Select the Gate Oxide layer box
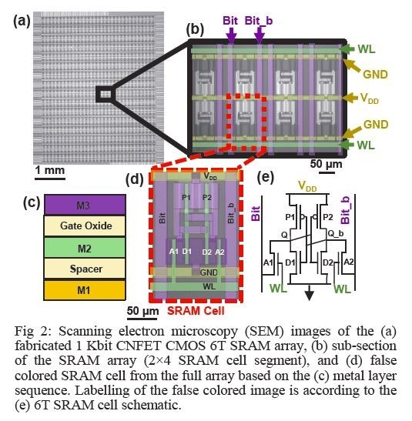85,226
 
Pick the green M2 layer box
85,247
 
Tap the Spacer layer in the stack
85,269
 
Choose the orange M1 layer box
85,290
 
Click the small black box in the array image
105,94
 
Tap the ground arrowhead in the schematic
309,296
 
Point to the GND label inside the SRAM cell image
209,272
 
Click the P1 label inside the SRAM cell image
186,196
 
